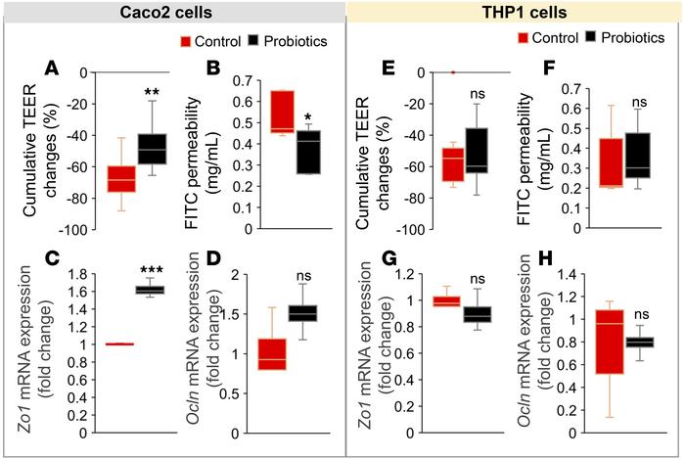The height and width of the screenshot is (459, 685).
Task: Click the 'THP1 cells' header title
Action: tap(516, 15)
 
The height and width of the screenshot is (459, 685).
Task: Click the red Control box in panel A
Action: tap(121, 180)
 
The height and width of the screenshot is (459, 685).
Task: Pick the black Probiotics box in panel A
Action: tap(152, 148)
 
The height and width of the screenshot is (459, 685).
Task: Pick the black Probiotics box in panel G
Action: tap(479, 314)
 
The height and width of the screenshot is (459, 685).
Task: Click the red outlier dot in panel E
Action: tap(452, 72)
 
